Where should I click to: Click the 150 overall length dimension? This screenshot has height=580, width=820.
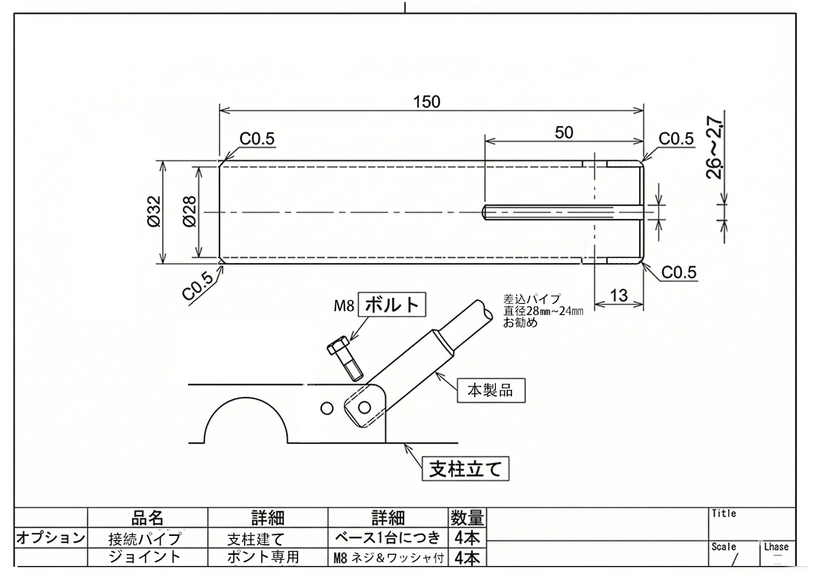[x=426, y=102]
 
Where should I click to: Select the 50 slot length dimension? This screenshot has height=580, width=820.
[x=564, y=133]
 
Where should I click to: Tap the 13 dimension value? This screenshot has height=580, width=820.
[x=619, y=295]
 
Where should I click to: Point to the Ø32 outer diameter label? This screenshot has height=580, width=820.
[x=154, y=211]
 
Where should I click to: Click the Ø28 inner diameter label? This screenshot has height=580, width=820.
[x=190, y=211]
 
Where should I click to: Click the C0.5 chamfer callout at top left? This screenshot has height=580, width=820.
[x=257, y=139]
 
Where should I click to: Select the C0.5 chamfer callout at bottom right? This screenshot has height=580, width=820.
[x=679, y=273]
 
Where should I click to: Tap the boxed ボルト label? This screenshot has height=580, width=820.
[x=391, y=304]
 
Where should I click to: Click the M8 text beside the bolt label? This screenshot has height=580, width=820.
[x=344, y=305]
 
